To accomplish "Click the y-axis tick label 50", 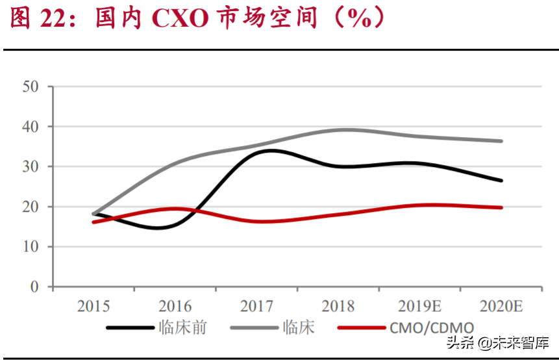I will (31, 86).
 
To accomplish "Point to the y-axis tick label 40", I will (31, 127).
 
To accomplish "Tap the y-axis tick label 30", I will (31, 166).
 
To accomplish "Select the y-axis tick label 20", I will (31, 207).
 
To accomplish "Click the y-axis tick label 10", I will (31, 247).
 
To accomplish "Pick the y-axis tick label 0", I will (35, 287).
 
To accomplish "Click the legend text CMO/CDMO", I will (432, 328).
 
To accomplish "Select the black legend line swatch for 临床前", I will (130, 328).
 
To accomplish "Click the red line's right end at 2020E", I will (501, 208).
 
